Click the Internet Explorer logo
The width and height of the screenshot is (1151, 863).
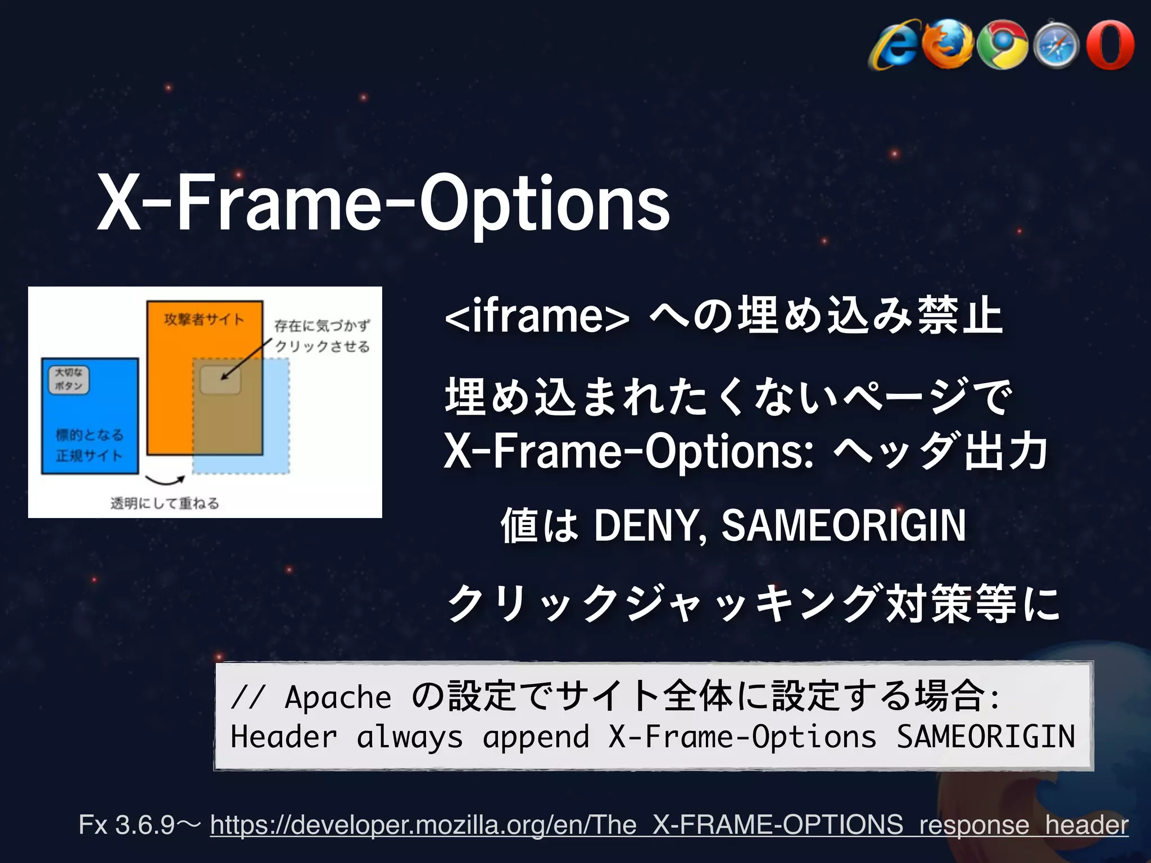[895, 46]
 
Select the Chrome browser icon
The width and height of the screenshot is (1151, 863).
[1002, 45]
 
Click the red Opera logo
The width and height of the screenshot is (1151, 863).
[1110, 45]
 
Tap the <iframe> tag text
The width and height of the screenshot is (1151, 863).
[537, 316]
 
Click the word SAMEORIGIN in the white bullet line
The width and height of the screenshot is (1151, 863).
[843, 525]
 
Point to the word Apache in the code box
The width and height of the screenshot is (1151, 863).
[338, 697]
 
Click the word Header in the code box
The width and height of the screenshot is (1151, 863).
[284, 737]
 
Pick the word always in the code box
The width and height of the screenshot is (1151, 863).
[410, 737]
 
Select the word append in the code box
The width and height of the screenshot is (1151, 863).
[536, 737]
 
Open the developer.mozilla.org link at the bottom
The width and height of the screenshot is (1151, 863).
[669, 825]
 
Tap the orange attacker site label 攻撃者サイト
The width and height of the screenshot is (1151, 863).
[204, 320]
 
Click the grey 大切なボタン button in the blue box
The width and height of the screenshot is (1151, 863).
[69, 379]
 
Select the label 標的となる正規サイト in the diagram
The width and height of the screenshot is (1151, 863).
[89, 445]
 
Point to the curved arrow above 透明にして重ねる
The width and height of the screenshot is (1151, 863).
[165, 480]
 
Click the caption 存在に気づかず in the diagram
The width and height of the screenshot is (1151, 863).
[322, 325]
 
